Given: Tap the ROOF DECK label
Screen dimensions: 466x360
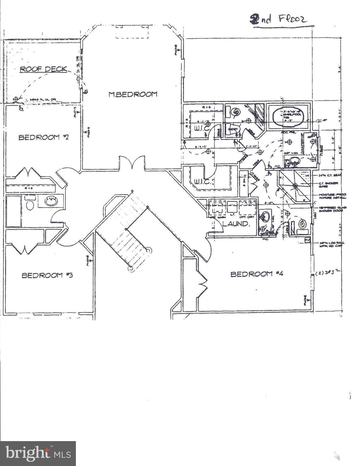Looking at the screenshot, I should (x=43, y=69).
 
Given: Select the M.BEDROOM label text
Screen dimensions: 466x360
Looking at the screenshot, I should (x=133, y=94).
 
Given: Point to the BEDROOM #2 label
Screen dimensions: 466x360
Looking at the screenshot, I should (x=44, y=137).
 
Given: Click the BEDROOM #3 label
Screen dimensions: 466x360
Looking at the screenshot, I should (x=47, y=275).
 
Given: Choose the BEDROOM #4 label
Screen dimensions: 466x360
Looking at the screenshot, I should (x=257, y=274).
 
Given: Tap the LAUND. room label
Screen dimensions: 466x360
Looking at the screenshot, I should (x=236, y=224).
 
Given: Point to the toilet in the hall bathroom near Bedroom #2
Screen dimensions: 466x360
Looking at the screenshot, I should (x=30, y=205).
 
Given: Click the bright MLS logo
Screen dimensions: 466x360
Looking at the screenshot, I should (x=38, y=453).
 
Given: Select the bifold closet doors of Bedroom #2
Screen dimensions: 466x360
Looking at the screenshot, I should (x=28, y=173).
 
